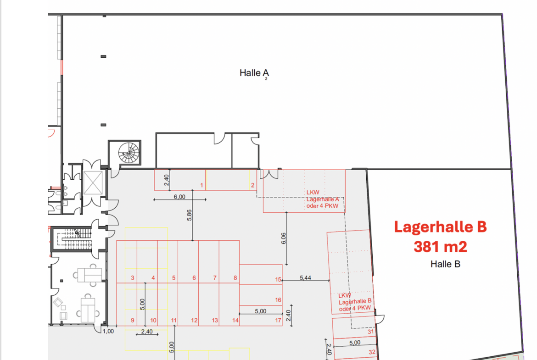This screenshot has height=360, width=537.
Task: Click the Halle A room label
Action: (254, 73)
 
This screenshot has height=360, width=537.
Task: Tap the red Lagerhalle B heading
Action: (441, 227)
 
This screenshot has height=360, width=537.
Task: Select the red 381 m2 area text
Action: (441, 246)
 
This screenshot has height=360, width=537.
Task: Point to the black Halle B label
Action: (445, 264)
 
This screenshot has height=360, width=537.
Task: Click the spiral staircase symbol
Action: (129, 153)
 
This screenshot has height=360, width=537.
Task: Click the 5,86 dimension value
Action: (190, 215)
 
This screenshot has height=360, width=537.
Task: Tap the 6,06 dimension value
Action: (284, 238)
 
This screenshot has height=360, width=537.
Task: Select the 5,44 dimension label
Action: (306, 277)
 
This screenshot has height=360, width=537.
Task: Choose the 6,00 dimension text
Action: (179, 197)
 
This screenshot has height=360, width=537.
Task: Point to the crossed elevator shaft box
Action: (93, 183)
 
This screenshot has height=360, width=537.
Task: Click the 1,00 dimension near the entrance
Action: (108, 331)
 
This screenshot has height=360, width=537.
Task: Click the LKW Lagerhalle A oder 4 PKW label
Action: (322, 199)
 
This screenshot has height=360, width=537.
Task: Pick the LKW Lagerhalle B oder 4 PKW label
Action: (355, 302)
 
